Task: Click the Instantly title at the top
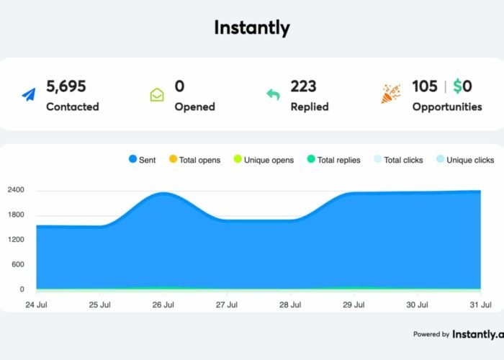(252, 28)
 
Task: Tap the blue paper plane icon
(28, 95)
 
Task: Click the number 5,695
(66, 86)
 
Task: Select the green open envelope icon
(157, 95)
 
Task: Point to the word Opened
(195, 107)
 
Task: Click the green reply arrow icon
(273, 95)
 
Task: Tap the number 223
(303, 86)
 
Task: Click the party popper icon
(390, 95)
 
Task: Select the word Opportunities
(447, 107)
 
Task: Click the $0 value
(462, 86)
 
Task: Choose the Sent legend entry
(142, 160)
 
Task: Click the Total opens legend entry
(194, 160)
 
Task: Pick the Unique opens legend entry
(264, 160)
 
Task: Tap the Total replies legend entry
(333, 160)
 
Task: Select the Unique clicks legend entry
(465, 160)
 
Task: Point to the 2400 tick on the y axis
(16, 190)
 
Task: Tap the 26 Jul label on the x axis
(163, 305)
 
